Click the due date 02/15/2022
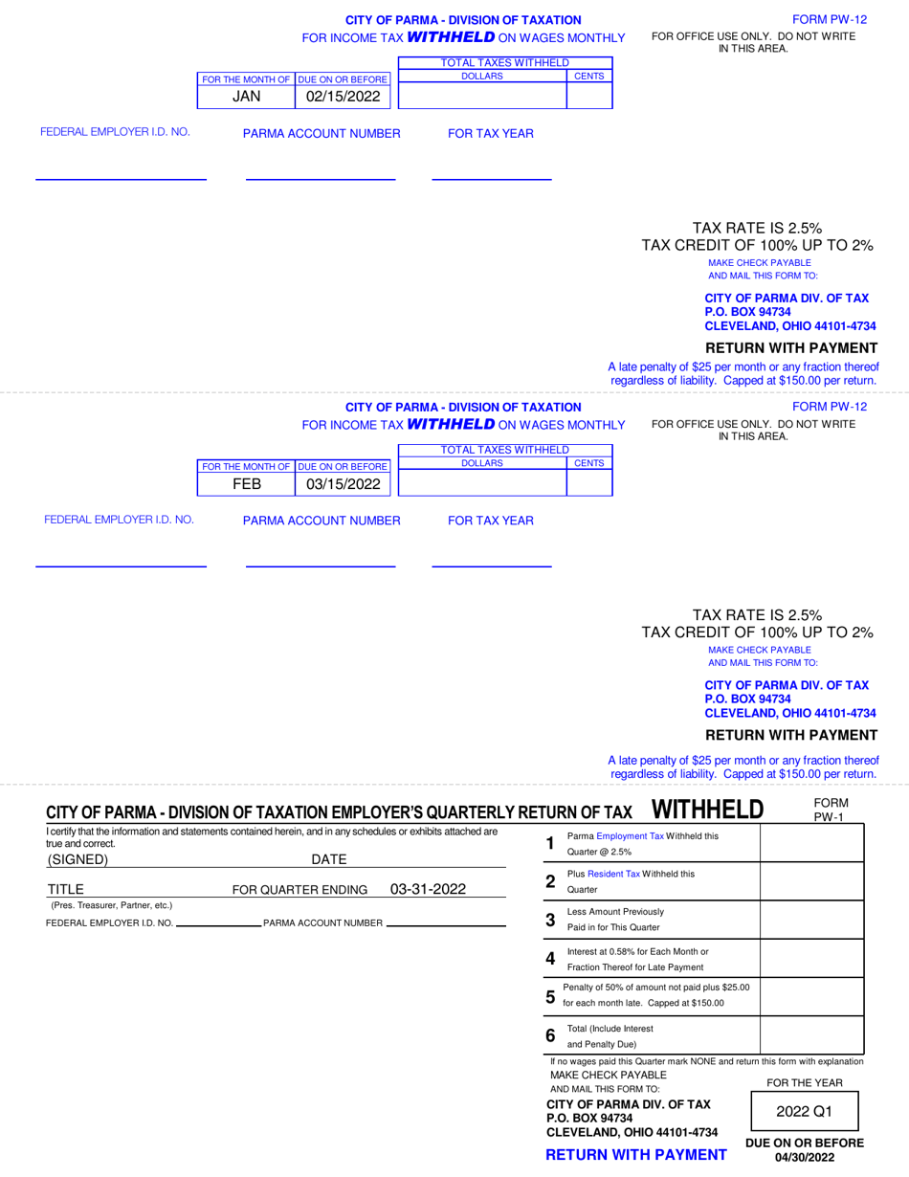(343, 97)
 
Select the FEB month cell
(246, 484)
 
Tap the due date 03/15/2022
(343, 484)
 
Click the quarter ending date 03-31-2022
(428, 889)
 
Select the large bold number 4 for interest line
(549, 958)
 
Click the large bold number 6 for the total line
(549, 1035)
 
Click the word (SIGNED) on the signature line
(78, 858)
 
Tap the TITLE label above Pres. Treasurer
(66, 889)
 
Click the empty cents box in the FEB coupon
(589, 484)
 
